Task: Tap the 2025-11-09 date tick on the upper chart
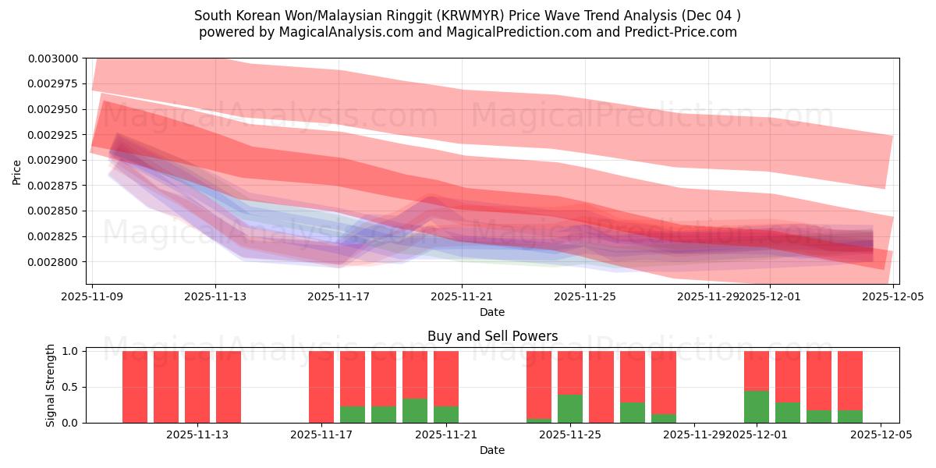(93, 296)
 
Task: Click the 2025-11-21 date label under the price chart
(462, 296)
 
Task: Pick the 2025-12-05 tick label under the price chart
(892, 296)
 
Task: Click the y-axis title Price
(17, 172)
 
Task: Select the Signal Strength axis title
(51, 386)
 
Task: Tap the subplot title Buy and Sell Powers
(492, 337)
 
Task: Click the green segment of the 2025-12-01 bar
(757, 406)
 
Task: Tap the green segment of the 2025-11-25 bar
(570, 408)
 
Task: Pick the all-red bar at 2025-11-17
(321, 387)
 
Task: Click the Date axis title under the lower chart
(491, 450)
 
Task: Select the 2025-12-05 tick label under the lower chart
(881, 434)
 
